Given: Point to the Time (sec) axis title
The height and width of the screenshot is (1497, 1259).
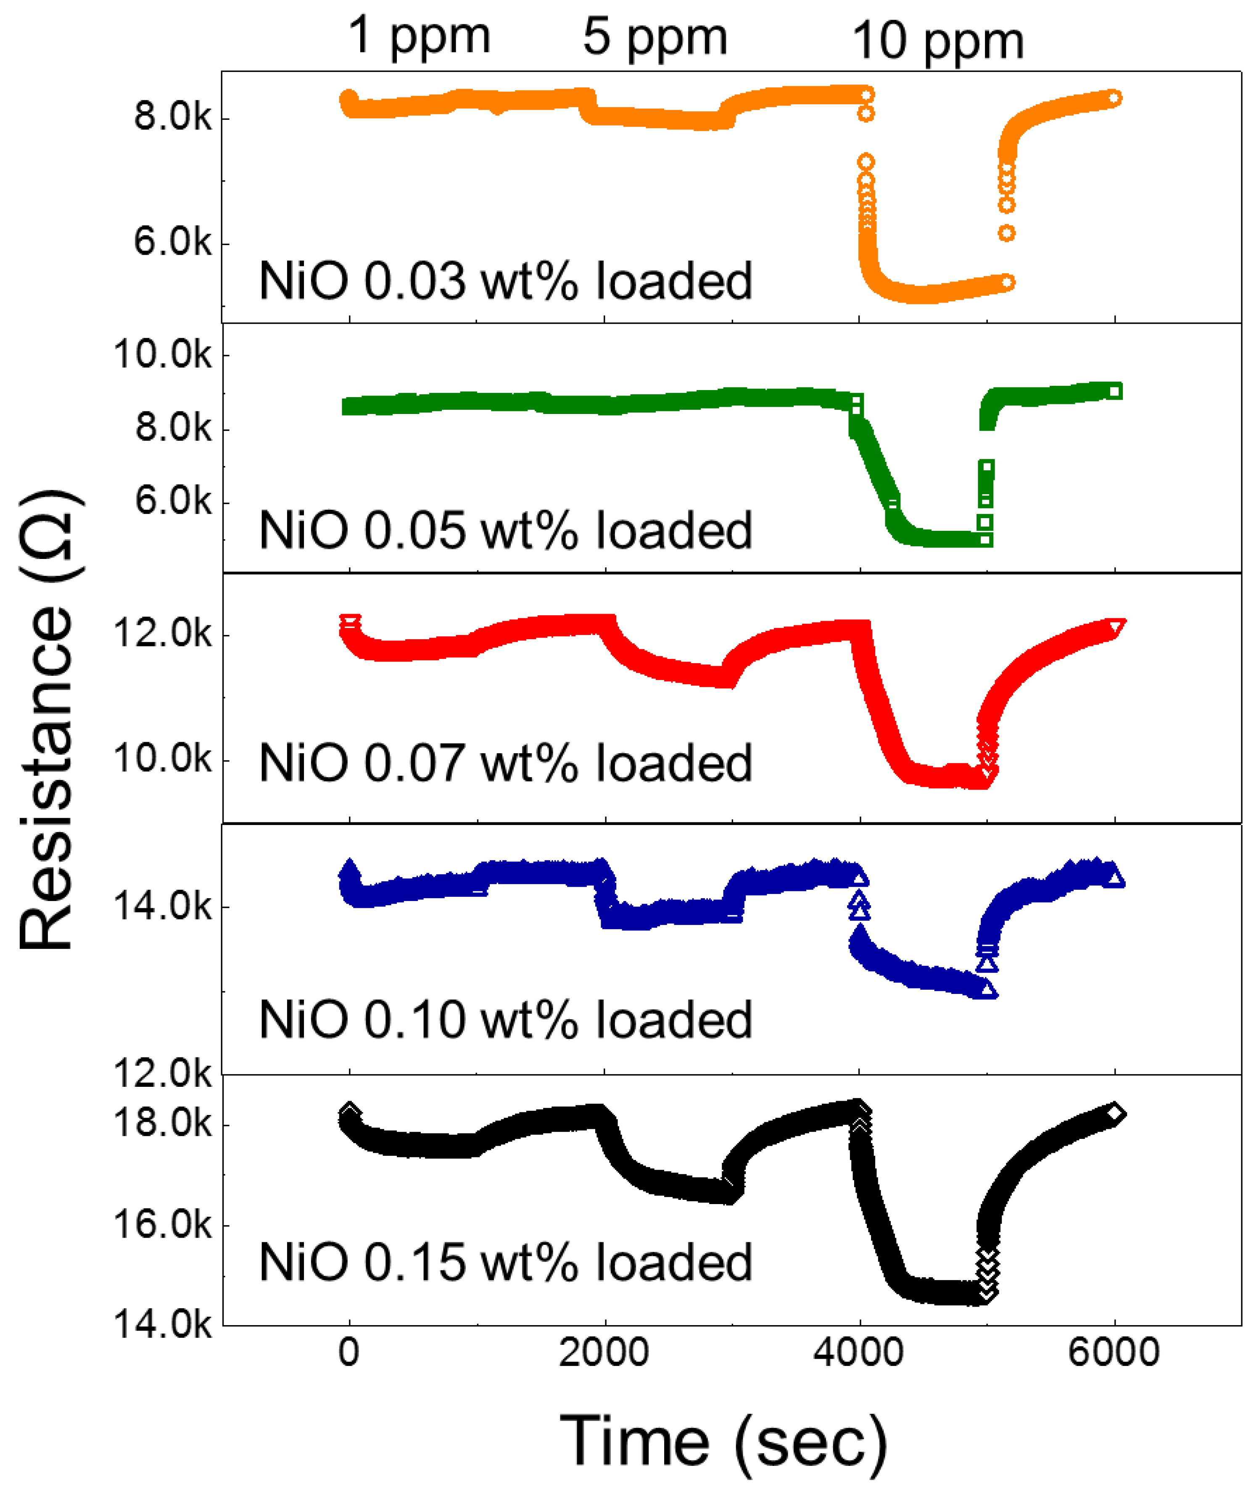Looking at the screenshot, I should tap(723, 1442).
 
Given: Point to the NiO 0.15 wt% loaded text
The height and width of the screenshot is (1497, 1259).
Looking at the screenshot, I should tap(505, 1262).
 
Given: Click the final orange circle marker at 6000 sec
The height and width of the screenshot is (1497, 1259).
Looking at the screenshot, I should tap(1114, 98).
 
